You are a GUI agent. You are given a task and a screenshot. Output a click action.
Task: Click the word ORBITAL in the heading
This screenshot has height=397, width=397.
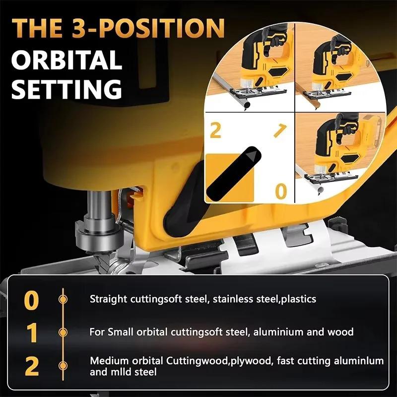coord(66,60)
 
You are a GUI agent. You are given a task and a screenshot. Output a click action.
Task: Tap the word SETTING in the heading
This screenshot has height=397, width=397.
coord(66,89)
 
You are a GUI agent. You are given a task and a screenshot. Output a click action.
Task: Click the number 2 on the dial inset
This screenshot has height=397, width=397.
coord(215,130)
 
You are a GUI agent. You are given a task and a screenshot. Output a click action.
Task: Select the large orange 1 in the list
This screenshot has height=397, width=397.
coord(32,332)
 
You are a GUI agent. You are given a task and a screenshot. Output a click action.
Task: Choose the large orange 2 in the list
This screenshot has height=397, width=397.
coord(31,366)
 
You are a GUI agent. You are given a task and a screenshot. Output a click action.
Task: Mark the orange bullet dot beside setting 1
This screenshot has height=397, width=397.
coord(63,332)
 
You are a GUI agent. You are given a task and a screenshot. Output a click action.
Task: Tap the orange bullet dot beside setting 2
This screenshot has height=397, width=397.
coord(63,366)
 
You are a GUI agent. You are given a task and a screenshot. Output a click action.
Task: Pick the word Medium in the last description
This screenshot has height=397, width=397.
coord(107,360)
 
